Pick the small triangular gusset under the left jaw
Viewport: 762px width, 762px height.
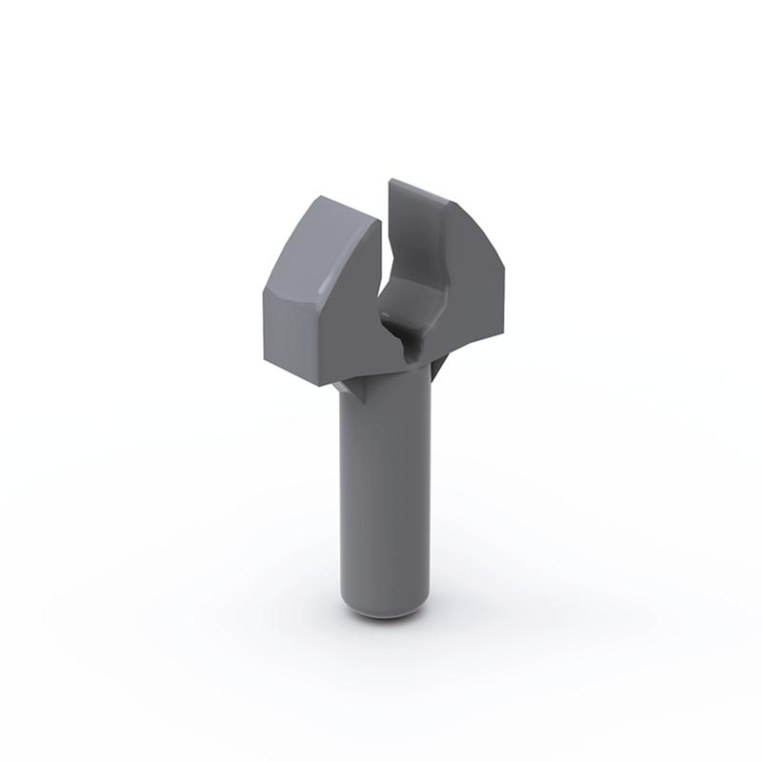[x=354, y=389]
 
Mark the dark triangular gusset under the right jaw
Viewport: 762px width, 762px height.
[x=435, y=370]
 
